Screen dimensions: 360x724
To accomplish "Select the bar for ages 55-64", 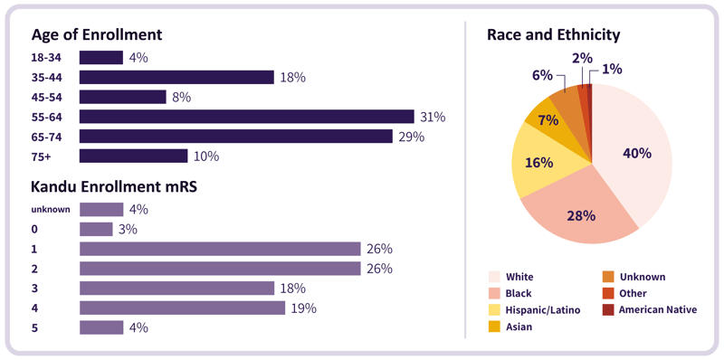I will pyautogui.click(x=246, y=117).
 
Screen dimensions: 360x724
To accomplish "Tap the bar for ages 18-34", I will pyautogui.click(x=100, y=58).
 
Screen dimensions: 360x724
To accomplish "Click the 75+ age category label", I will pyautogui.click(x=43, y=156).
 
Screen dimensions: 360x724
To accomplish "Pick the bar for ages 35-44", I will pyautogui.click(x=176, y=78).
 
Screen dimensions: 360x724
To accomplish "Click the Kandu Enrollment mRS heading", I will pyautogui.click(x=115, y=187).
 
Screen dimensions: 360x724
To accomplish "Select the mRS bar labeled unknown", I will pyautogui.click(x=100, y=210).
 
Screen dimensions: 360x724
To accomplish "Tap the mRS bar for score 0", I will pyautogui.click(x=96, y=230).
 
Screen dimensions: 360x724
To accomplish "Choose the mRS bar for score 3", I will pyautogui.click(x=176, y=289).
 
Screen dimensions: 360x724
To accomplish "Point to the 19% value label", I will pyautogui.click(x=303, y=308).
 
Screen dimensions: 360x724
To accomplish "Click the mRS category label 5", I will pyautogui.click(x=34, y=327).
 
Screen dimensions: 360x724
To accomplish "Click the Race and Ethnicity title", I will pyautogui.click(x=553, y=35).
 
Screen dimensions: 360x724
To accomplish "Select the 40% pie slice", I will pyautogui.click(x=633, y=154).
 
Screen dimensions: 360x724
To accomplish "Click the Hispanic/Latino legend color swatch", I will pyautogui.click(x=494, y=310).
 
